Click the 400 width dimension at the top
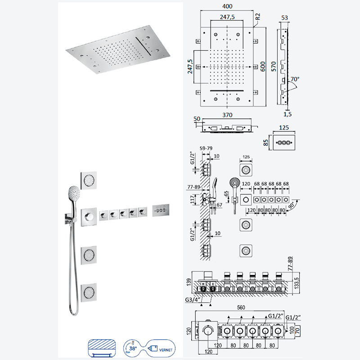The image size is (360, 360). [x=227, y=6]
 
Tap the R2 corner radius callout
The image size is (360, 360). [x=257, y=17]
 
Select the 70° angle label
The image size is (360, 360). [x=295, y=79]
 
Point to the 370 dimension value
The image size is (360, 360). [x=227, y=115]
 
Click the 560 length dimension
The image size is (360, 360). [x=241, y=307]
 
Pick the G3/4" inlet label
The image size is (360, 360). [x=193, y=300]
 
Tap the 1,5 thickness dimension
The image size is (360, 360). [x=288, y=114]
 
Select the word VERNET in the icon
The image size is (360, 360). [x=166, y=350]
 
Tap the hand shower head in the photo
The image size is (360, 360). [x=74, y=193]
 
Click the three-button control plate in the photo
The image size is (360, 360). [x=161, y=210]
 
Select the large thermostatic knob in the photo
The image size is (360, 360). [x=89, y=217]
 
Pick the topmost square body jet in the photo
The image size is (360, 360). [x=89, y=180]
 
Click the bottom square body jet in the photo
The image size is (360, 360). [x=89, y=292]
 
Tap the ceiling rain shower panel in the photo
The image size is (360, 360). [x=118, y=49]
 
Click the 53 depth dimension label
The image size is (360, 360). [x=284, y=18]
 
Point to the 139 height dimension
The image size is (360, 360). [x=189, y=282]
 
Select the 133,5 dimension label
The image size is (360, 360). [x=297, y=283]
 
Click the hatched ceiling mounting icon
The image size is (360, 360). [x=102, y=348]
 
